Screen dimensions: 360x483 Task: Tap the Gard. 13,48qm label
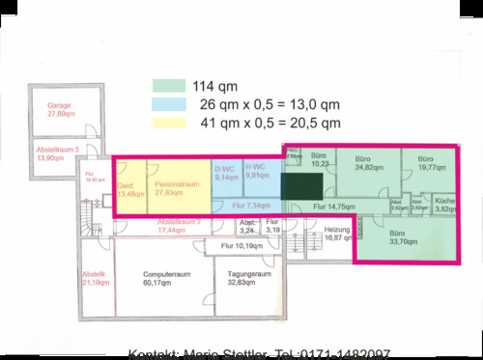coord(128,189)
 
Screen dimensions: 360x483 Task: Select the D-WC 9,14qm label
coord(226,172)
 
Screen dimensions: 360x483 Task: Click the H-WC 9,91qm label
coord(257,172)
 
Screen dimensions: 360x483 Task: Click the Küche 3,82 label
coord(445,205)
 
